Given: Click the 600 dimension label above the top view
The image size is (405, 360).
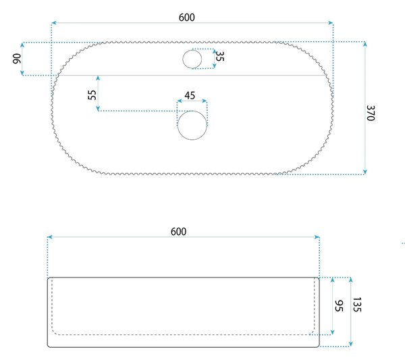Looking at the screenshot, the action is coord(187,18).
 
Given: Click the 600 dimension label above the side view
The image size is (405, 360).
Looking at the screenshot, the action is coord(178,232).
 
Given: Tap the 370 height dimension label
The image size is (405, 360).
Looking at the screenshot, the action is coord(371,113).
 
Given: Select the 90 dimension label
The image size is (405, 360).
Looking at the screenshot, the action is coord(17,59).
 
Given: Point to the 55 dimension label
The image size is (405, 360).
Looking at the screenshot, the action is coord(92,95).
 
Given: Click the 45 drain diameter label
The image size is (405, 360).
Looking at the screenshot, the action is coord(190,95).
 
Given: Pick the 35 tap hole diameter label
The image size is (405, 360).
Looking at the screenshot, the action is coord(219,56).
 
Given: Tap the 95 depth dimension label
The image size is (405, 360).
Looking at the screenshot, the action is coord(339,306).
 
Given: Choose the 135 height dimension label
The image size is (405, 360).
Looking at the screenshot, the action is coord(356,305).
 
